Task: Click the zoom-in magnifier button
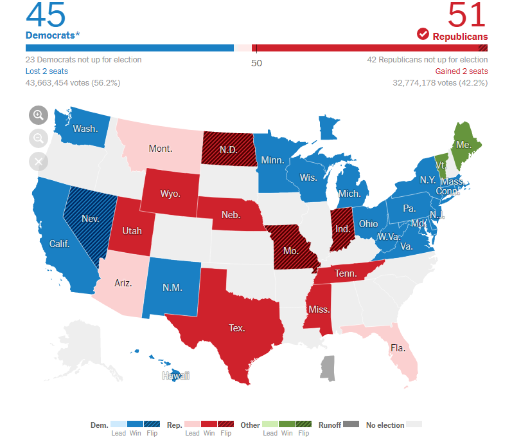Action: (39, 115)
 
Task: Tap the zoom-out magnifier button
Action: (39, 138)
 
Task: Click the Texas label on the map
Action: (236, 328)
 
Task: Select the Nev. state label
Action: (90, 219)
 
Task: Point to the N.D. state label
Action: (228, 150)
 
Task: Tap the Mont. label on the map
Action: (160, 149)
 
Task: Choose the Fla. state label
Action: (398, 348)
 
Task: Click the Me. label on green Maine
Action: (464, 145)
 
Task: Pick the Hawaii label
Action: (175, 376)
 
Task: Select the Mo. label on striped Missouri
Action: (291, 251)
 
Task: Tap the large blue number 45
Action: (46, 14)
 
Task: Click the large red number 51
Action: (467, 14)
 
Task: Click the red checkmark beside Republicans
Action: (423, 34)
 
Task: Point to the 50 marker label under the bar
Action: (256, 63)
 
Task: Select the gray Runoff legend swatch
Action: (351, 425)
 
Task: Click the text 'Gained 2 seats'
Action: (461, 71)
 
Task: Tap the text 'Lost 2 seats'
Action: (47, 71)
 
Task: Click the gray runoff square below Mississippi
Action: (328, 367)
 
